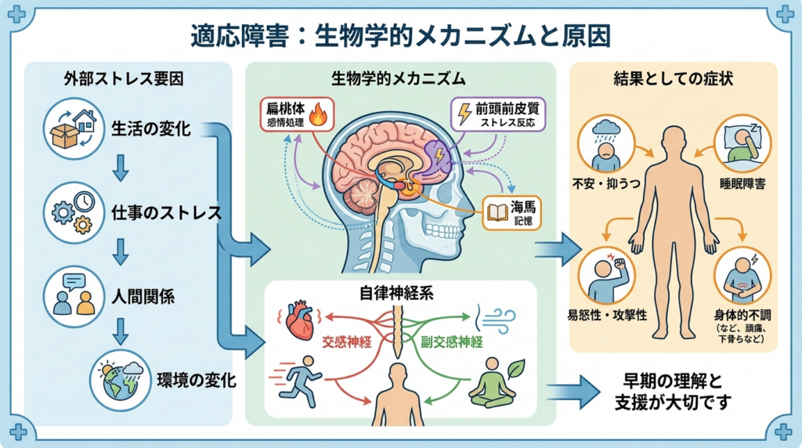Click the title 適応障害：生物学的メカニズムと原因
tap(401, 34)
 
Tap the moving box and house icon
tap(74, 129)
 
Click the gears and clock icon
tap(74, 212)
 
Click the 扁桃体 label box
tap(296, 115)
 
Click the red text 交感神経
tap(351, 342)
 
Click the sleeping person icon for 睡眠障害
tap(742, 143)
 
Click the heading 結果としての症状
tap(674, 78)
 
